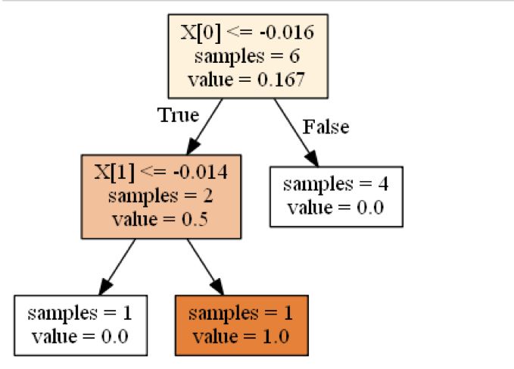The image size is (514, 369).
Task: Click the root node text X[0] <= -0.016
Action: [x=247, y=33]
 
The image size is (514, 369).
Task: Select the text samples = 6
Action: [x=247, y=56]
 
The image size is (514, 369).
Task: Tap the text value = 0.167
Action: [x=247, y=80]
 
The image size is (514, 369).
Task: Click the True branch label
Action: [x=178, y=115]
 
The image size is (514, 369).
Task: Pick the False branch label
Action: [x=326, y=127]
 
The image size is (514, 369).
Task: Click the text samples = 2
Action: [x=160, y=196]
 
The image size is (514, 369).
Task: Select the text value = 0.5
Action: [x=160, y=220]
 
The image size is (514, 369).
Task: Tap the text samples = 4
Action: [x=335, y=184]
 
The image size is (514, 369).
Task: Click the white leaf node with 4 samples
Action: [x=335, y=196]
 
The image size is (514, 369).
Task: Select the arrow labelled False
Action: [x=296, y=133]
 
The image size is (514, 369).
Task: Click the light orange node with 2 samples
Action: [x=160, y=196]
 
